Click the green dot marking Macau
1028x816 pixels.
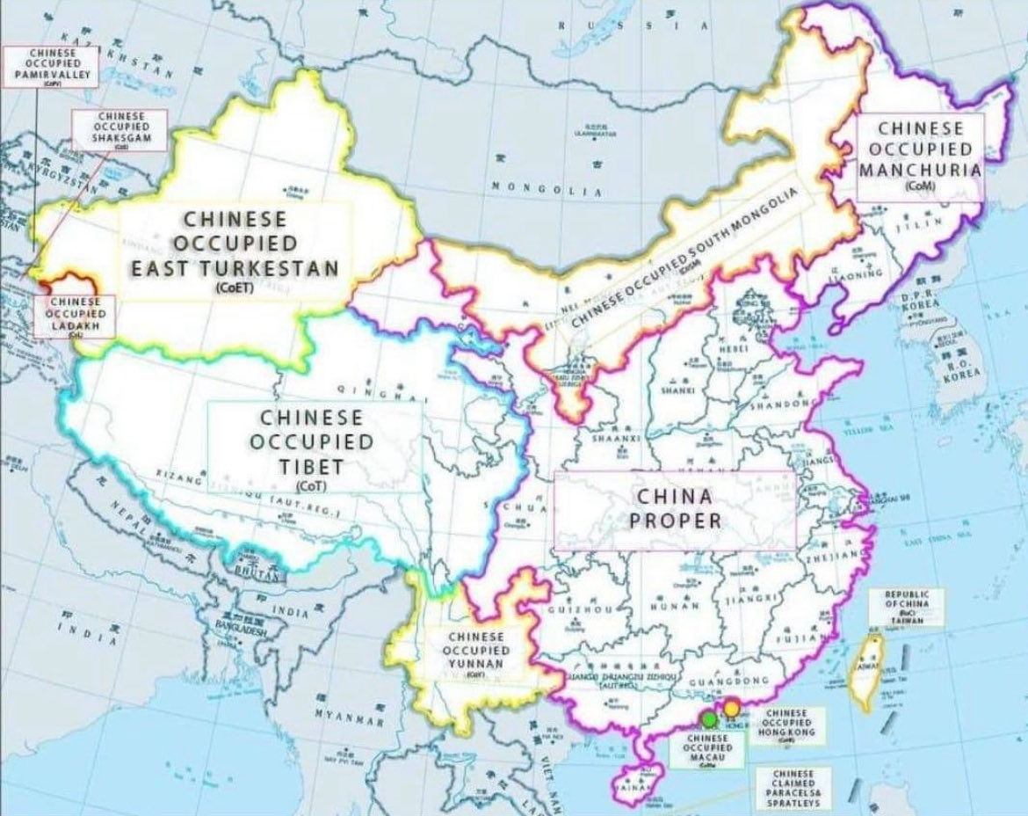pos(709,718)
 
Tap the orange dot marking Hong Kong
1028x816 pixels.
pos(730,709)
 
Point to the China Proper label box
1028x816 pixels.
pos(675,508)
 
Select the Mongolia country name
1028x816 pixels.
pos(546,189)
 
